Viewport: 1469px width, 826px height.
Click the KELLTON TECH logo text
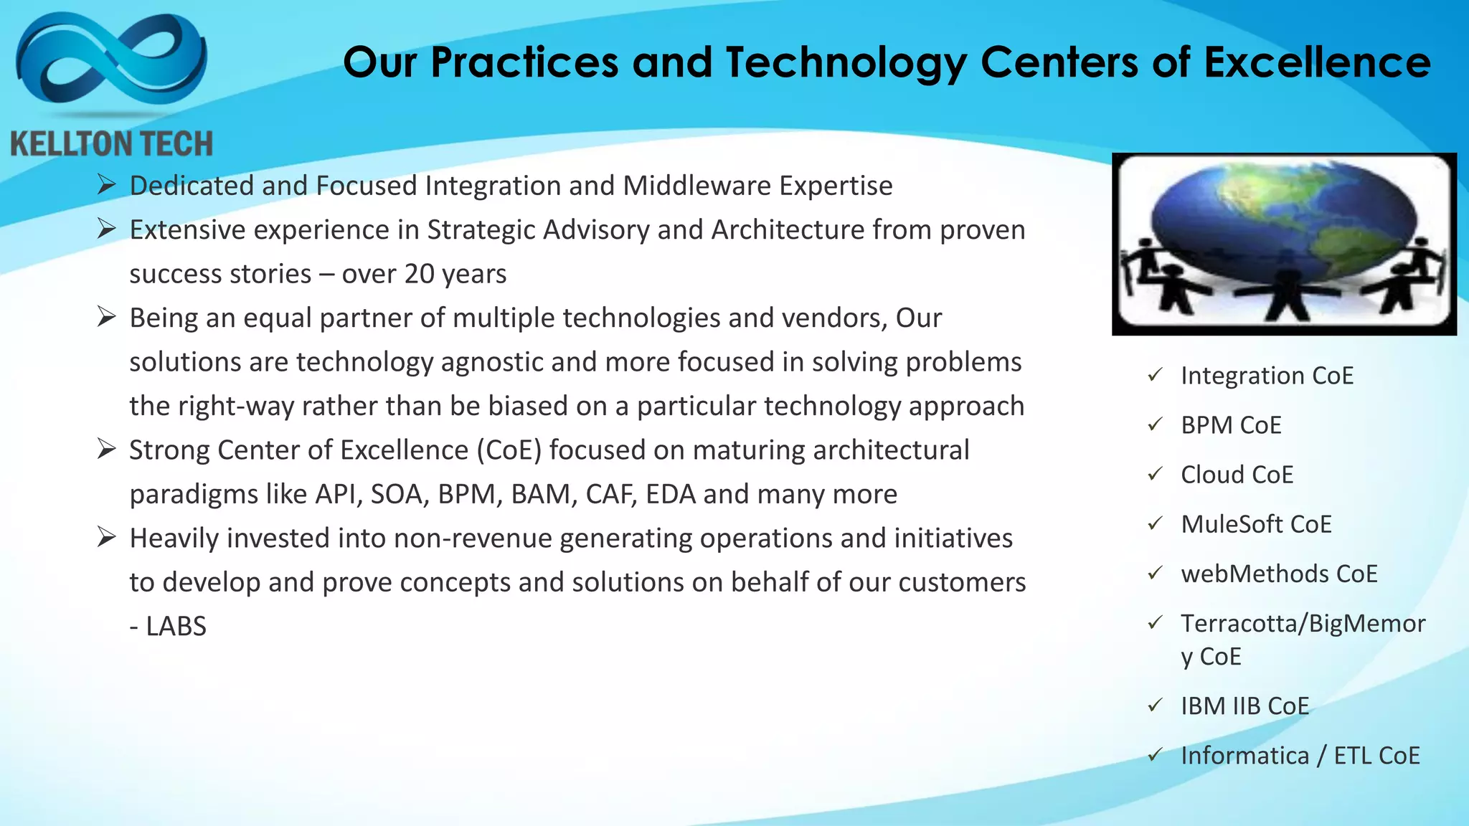112,144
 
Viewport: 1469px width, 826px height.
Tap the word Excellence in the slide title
1317,62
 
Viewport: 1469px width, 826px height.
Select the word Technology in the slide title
846,64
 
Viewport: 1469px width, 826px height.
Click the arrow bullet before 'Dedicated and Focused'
107,185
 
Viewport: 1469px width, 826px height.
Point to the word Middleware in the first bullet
696,186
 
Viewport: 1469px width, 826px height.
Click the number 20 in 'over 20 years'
419,274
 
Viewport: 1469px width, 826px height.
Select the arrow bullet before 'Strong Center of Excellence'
107,450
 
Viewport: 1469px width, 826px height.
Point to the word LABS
176,627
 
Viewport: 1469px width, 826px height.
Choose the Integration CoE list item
1267,376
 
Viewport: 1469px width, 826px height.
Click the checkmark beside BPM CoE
1155,424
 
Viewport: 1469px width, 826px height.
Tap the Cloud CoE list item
1237,475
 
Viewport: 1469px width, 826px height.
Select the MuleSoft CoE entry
1256,524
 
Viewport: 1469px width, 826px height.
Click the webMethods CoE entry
1279,574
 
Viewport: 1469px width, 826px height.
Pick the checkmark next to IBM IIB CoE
1155,706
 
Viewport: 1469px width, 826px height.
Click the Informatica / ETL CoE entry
1300,756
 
